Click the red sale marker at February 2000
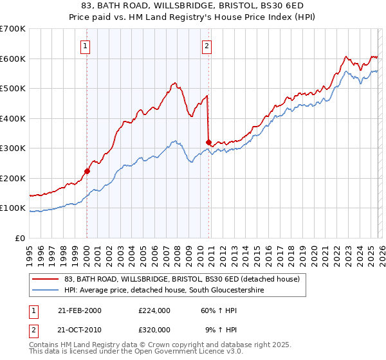[87, 171]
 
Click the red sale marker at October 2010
[208, 142]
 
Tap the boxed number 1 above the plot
[86, 46]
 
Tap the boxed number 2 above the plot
[207, 46]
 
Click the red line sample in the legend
[45, 279]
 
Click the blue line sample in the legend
[45, 291]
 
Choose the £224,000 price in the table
[154, 310]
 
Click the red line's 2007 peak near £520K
[174, 83]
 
